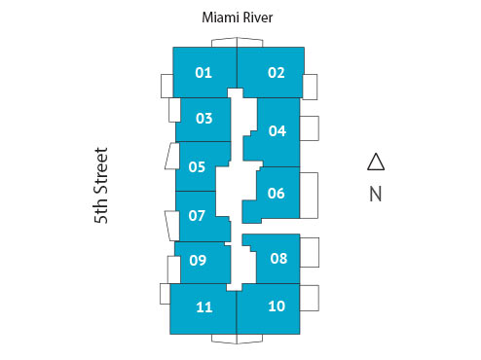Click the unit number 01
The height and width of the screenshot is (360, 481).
click(203, 72)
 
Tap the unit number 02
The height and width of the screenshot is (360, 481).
click(277, 72)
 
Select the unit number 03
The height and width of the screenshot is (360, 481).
click(203, 119)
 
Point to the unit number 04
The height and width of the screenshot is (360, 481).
click(277, 130)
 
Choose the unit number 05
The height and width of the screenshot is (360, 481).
click(197, 166)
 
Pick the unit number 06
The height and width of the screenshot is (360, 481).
click(276, 193)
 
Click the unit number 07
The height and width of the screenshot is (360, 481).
click(197, 215)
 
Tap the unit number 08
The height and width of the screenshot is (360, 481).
click(278, 258)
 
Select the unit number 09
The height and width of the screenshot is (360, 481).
click(198, 260)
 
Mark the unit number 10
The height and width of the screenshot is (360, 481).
click(277, 306)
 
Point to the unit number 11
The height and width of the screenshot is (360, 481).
click(203, 307)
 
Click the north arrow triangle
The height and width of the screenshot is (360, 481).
click(376, 162)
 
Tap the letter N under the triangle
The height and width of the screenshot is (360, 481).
click(376, 194)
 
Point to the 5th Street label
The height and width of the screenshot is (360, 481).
click(101, 187)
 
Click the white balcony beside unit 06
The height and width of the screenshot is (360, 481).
click(309, 194)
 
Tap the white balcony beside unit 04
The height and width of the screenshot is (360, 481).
click(309, 129)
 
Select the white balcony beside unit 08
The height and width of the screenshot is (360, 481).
click(309, 253)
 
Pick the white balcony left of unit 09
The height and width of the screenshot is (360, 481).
click(174, 267)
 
